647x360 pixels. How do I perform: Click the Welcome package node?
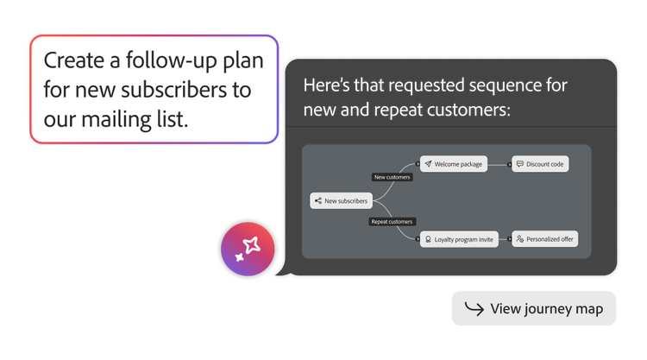click(454, 163)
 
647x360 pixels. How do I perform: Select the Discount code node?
click(541, 163)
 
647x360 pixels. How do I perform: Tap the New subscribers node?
click(340, 201)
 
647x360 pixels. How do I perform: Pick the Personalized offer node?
click(545, 239)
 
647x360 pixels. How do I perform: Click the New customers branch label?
click(392, 177)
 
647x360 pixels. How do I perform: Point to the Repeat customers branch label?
click(392, 222)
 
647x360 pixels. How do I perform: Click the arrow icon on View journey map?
click(474, 308)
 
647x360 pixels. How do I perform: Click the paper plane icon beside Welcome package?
click(428, 163)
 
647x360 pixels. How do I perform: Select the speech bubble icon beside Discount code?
click(519, 163)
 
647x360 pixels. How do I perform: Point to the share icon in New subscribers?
click(318, 201)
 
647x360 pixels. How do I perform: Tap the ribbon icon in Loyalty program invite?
click(427, 239)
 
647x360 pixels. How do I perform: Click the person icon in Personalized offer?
click(519, 239)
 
